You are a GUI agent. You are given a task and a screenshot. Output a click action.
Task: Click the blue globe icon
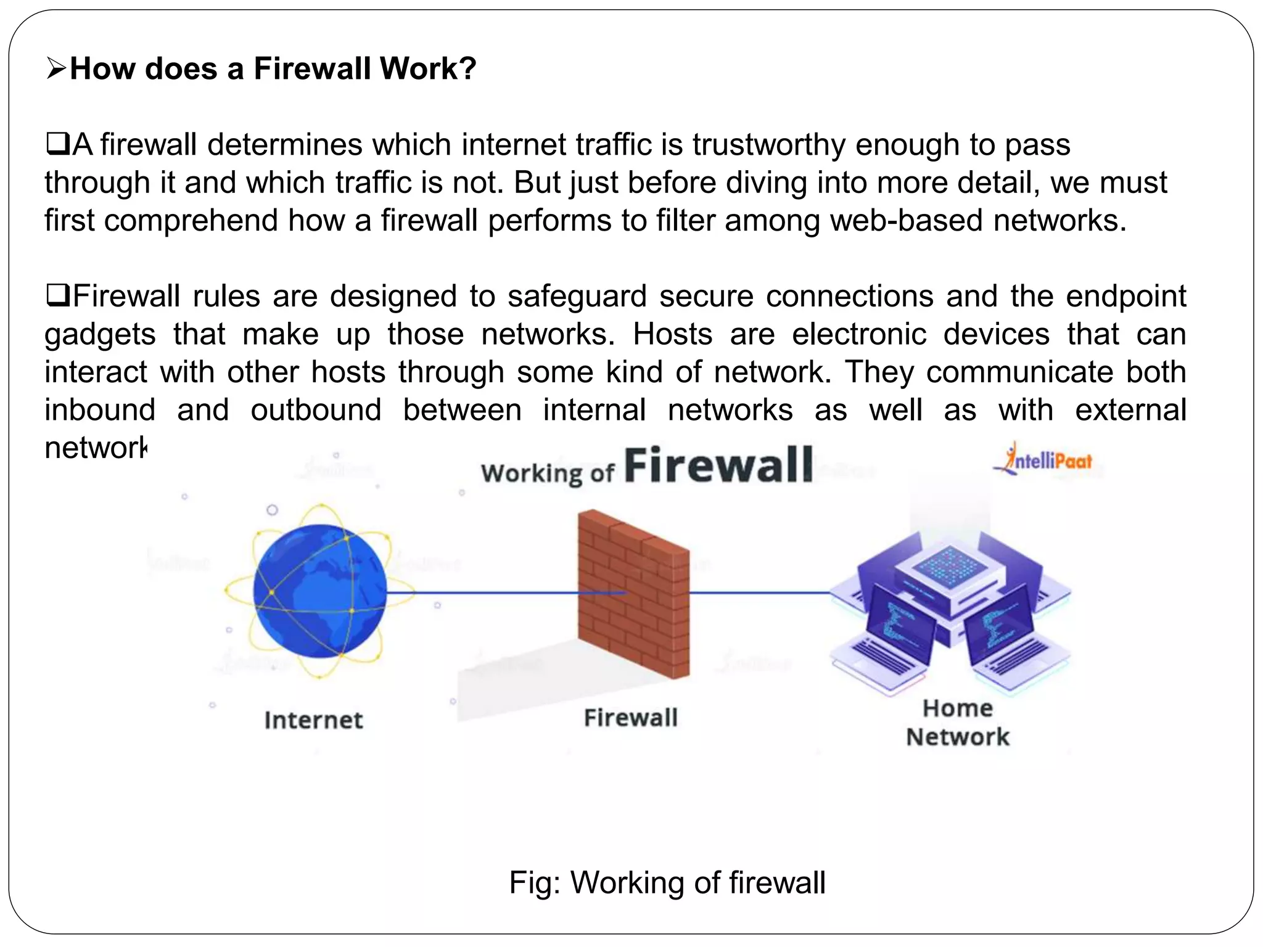click(319, 591)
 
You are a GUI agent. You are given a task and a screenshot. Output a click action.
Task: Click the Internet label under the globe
click(314, 720)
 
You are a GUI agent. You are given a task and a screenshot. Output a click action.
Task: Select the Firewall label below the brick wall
click(631, 718)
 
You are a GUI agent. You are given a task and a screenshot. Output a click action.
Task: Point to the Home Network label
click(958, 723)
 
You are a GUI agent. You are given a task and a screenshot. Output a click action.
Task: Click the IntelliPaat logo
click(1044, 460)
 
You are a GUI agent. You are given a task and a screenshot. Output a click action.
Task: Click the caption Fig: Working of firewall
click(667, 882)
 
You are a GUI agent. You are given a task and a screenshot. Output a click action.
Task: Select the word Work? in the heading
click(428, 68)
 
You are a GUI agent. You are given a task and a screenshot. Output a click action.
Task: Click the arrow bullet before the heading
click(56, 68)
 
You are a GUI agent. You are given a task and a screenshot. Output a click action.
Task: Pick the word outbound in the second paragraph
click(316, 410)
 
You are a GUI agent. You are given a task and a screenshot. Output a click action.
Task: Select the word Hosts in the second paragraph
click(673, 334)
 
